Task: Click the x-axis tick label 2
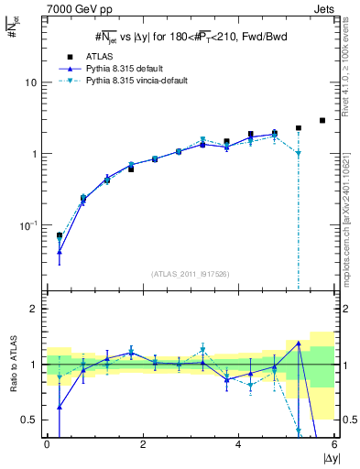click(x=143, y=444)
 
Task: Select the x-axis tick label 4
click(x=238, y=444)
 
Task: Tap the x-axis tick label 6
click(x=333, y=444)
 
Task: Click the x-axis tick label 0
click(x=47, y=444)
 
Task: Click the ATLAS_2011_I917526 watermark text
click(x=190, y=274)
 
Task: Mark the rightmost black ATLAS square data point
click(x=322, y=120)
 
